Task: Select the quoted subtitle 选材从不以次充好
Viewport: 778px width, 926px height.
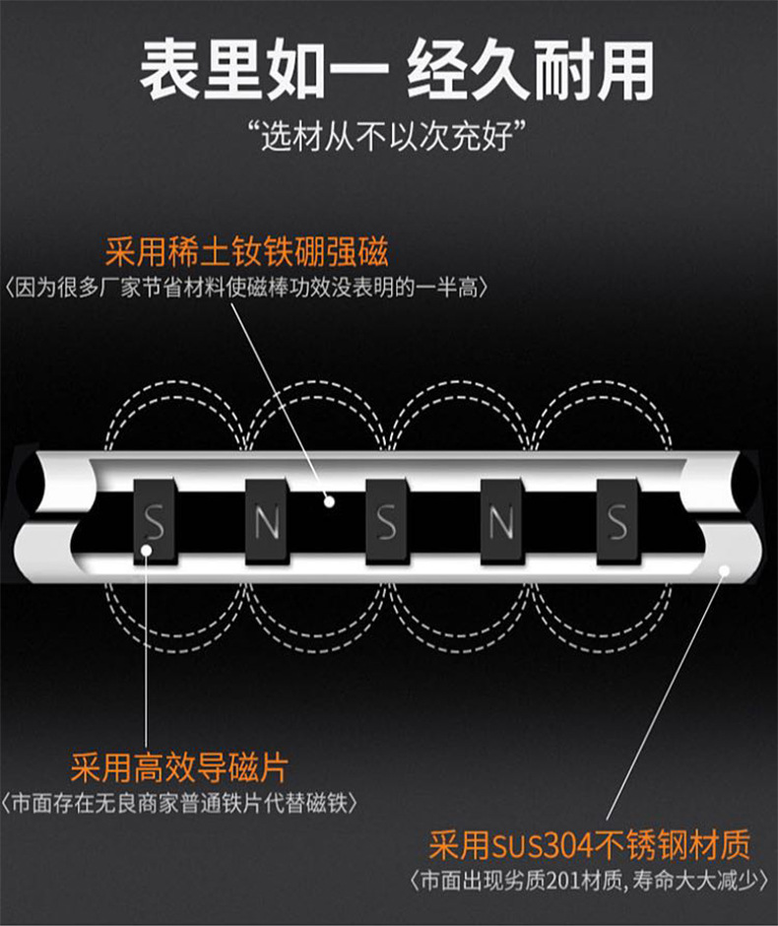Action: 388,137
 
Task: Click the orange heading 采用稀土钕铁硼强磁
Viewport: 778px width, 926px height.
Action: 247,251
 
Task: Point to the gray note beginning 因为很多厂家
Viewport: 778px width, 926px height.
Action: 247,288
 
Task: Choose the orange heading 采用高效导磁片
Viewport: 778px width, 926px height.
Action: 179,767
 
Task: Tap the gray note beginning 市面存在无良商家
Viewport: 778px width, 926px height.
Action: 179,803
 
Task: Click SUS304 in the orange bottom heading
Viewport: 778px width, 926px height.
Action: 542,845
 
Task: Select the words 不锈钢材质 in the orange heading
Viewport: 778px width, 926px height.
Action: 672,845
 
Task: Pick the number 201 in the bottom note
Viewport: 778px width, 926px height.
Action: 563,882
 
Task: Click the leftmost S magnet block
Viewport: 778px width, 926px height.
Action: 154,521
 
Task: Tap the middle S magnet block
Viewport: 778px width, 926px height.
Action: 386,521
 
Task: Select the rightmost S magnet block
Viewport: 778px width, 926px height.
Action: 616,521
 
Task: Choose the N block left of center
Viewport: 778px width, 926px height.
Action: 266,521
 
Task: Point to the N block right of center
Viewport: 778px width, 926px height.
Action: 501,521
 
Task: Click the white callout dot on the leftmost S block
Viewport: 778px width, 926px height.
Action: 147,551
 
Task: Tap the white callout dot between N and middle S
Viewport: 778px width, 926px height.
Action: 329,501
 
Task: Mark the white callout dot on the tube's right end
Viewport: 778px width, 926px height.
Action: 724,569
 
